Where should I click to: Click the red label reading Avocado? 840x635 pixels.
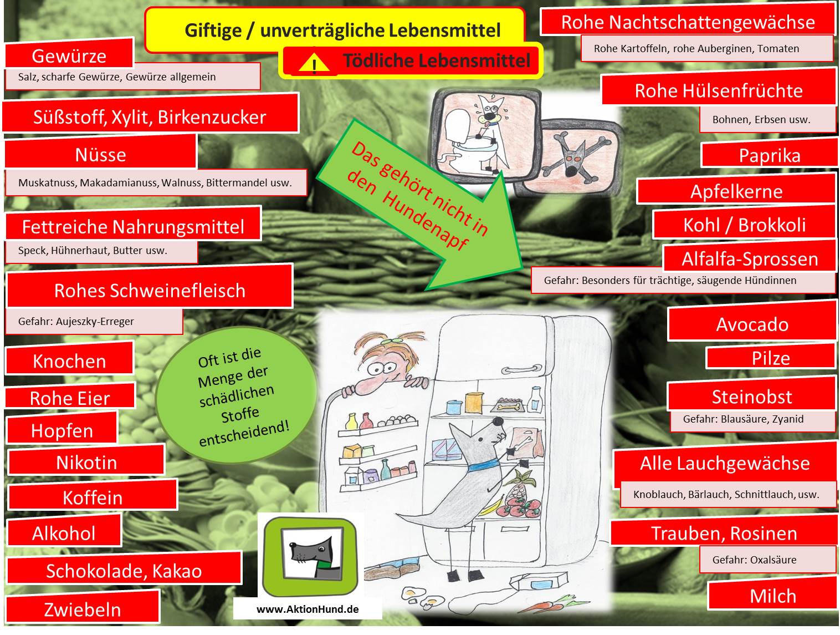tap(752, 324)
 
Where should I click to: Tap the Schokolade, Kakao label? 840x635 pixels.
tap(124, 571)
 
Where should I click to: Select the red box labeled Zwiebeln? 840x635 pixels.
tap(82, 609)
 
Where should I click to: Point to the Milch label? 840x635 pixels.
tap(772, 596)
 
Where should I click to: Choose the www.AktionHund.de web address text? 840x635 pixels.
tap(308, 609)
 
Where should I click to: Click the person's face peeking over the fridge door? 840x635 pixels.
tap(382, 369)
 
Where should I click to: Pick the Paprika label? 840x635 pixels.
tap(769, 155)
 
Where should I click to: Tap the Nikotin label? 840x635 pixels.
tap(86, 462)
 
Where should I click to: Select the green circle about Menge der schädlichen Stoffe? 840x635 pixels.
tap(237, 397)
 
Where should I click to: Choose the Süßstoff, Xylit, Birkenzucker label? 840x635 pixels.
tap(150, 116)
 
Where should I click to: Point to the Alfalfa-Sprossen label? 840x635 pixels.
tap(749, 258)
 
